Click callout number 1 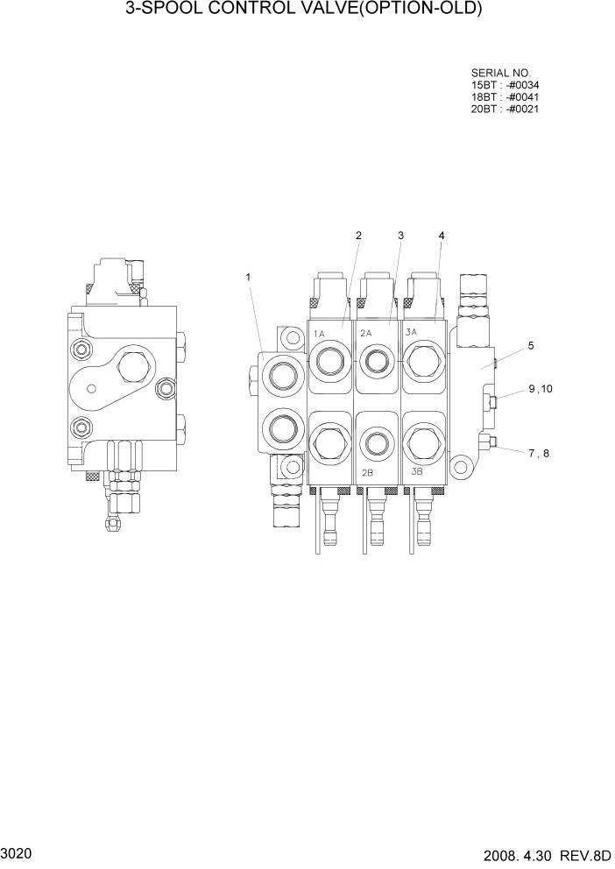coord(249,278)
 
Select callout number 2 coord(358,236)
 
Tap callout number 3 coord(400,236)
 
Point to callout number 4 coord(442,236)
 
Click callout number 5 coord(530,346)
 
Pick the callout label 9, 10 coord(541,389)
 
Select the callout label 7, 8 coord(539,453)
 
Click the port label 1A coord(320,333)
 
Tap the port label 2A coord(367,332)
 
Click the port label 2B coord(368,472)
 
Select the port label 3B coord(417,471)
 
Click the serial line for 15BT coord(505,85)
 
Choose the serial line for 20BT coord(505,110)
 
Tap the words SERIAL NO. coord(501,73)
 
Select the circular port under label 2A coord(378,358)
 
